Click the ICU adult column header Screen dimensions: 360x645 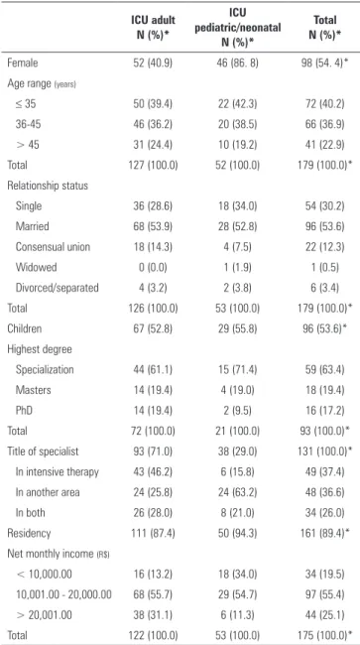(x=154, y=27)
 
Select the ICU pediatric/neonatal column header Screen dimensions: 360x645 (x=238, y=27)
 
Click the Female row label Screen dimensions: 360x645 (x=23, y=63)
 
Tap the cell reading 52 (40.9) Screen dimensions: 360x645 (x=154, y=63)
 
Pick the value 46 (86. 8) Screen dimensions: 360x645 (x=238, y=63)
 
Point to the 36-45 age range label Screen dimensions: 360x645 (x=30, y=124)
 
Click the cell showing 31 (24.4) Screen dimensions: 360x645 (x=154, y=145)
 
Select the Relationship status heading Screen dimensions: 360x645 (x=48, y=186)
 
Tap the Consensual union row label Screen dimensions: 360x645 (x=53, y=247)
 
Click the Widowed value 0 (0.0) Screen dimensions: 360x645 (x=154, y=267)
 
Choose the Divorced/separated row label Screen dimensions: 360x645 (x=58, y=288)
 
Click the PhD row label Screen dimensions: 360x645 (x=24, y=410)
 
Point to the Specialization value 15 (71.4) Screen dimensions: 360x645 (x=238, y=369)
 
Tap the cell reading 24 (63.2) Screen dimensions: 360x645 (x=238, y=492)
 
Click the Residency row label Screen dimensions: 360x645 (x=29, y=533)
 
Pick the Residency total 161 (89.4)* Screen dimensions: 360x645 (x=326, y=533)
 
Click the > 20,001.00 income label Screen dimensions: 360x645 (x=44, y=615)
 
